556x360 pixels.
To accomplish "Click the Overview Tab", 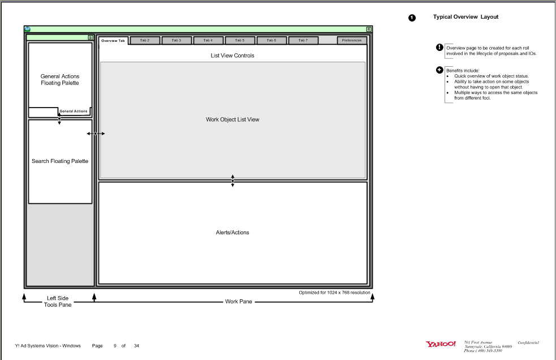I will [113, 41].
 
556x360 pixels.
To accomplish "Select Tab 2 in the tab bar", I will [145, 40].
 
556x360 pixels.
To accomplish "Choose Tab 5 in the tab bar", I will [240, 40].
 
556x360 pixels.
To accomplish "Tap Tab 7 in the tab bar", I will [303, 40].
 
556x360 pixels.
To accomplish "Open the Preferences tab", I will [352, 40].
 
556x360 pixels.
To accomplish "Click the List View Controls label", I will [232, 55].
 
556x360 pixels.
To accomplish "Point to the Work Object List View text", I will [232, 119].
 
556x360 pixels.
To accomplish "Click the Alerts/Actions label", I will [232, 232].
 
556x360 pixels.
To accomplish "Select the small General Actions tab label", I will [74, 112].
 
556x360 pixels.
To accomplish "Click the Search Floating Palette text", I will [60, 161].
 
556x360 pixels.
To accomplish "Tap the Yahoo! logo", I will [441, 344].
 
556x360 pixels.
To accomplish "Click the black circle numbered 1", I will [412, 18].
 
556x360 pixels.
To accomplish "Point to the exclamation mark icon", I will [439, 48].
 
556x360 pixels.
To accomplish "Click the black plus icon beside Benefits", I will [439, 70].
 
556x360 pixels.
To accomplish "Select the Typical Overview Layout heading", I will [466, 17].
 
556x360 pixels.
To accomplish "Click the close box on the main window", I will [369, 29].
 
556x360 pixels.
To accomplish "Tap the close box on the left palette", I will [90, 37].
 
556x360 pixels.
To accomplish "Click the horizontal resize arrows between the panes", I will [96, 134].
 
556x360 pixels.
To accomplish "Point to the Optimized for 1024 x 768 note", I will [334, 293].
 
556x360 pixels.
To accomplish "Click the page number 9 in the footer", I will [115, 345].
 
